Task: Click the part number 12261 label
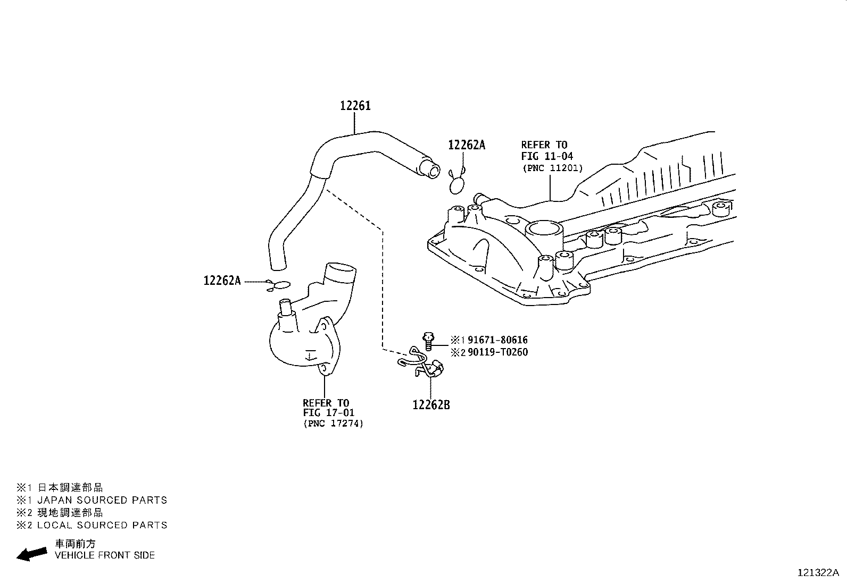click(355, 106)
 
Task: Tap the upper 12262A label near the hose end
click(467, 145)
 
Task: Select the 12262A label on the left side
click(222, 281)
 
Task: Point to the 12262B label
click(431, 405)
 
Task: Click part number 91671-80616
click(497, 340)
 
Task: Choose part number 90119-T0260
click(497, 352)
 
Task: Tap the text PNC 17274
click(334, 424)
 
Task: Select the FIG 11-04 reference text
click(547, 156)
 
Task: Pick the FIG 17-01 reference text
click(329, 413)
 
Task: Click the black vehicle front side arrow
click(31, 554)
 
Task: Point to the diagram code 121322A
click(818, 572)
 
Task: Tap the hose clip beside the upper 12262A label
click(457, 183)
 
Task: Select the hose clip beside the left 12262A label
click(278, 286)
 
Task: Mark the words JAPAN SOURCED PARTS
click(102, 500)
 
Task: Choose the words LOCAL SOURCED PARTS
click(102, 525)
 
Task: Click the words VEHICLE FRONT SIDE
click(105, 555)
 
